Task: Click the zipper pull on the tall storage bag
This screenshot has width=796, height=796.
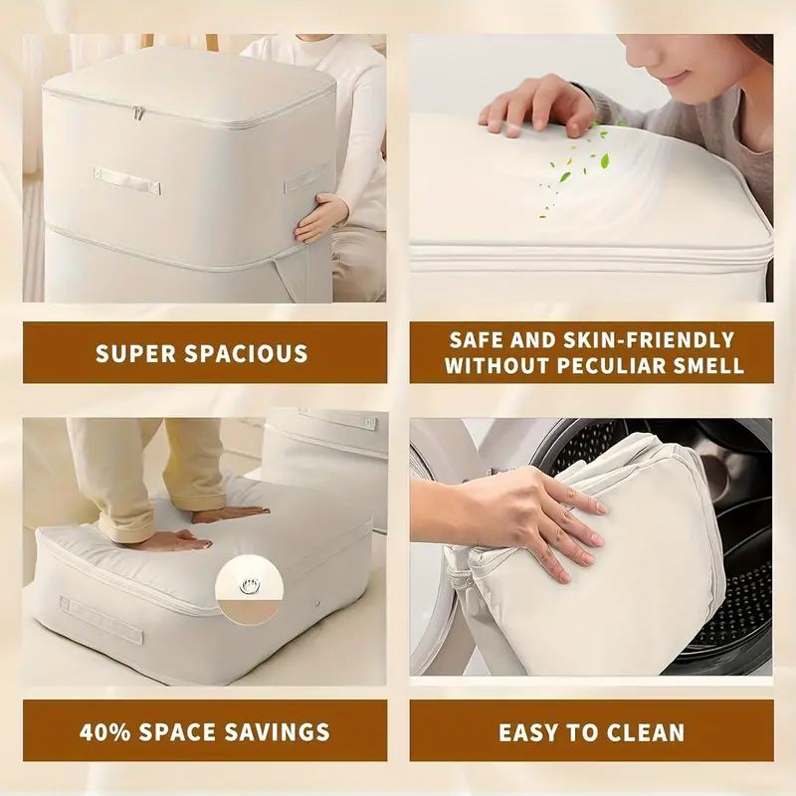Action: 138,113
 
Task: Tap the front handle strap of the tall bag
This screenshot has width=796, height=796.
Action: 126,181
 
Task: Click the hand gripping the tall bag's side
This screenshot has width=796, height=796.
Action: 320,216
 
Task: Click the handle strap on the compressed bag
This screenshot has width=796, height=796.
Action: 99,617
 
